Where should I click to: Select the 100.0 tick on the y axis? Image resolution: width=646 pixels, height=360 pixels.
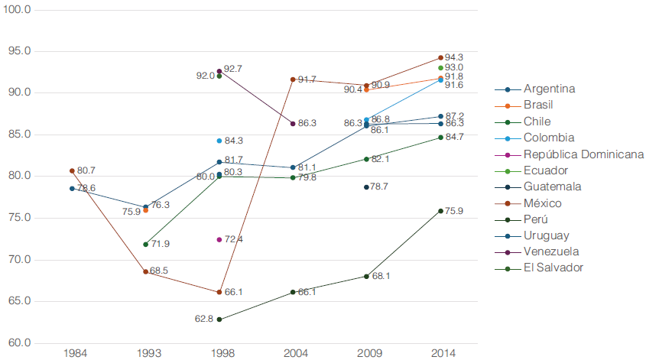17,10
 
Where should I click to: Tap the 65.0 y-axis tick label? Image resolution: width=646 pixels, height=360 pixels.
17,301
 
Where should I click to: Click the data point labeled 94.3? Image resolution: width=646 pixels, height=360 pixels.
441,57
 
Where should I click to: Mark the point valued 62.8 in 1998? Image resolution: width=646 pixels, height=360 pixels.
219,319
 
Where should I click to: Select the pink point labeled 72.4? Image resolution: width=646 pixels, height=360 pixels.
219,239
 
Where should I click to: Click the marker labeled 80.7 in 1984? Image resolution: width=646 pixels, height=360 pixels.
72,170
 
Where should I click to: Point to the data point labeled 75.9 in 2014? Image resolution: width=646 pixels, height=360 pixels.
441,211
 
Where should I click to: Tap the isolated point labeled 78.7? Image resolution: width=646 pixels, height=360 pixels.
367,187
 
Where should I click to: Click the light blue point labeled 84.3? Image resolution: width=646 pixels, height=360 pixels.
219,141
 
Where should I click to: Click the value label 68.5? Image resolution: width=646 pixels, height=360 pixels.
159,271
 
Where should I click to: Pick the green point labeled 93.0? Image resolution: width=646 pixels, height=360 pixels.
441,68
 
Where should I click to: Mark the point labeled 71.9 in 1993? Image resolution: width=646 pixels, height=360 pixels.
145,244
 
